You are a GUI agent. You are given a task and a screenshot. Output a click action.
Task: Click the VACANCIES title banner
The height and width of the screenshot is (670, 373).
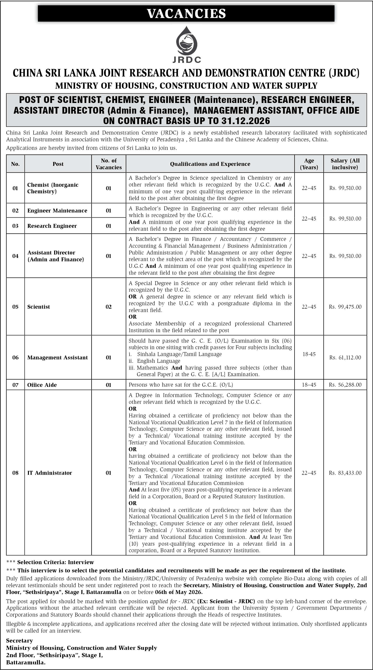[x=186, y=14]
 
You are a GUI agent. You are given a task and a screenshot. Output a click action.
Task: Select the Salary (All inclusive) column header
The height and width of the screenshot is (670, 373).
[x=345, y=164]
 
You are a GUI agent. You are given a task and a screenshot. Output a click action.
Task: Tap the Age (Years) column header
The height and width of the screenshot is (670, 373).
[x=309, y=164]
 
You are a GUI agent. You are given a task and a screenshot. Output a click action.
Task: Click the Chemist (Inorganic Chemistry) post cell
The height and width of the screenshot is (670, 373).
[x=53, y=188]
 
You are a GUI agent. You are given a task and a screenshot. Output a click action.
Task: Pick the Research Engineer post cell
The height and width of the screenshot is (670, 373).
[x=52, y=226]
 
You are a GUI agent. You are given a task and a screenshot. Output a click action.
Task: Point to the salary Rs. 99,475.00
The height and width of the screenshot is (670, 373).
[x=345, y=307]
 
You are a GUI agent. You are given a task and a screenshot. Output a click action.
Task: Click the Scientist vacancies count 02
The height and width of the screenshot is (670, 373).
[x=109, y=307]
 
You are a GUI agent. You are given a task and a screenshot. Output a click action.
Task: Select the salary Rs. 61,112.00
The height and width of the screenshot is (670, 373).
[x=345, y=357]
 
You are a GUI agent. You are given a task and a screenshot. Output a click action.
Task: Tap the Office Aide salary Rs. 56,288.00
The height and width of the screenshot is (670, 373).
[x=345, y=385]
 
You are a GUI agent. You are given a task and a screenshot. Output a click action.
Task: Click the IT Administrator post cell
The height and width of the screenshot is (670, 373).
[x=50, y=473]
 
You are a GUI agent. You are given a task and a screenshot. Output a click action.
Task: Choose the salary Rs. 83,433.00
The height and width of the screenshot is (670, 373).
[x=345, y=473]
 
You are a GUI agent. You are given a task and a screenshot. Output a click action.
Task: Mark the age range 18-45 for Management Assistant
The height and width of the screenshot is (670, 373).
[x=309, y=354]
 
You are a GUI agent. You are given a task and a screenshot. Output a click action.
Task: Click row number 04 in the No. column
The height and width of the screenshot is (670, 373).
[x=15, y=256]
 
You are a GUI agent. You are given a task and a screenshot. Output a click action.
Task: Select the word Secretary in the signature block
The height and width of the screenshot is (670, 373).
[x=19, y=640]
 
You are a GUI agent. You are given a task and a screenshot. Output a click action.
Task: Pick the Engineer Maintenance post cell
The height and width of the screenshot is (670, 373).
[x=57, y=210]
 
